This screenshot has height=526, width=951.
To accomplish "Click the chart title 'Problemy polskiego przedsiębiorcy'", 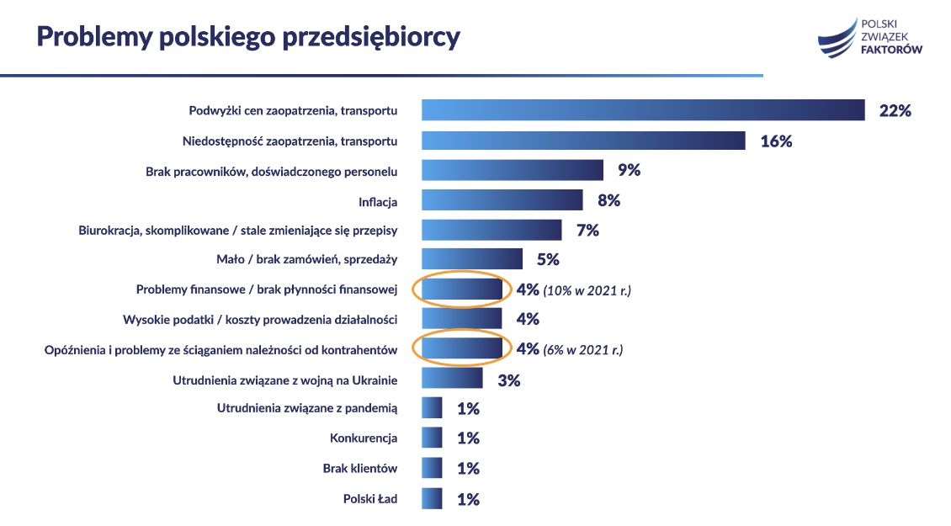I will pyautogui.click(x=247, y=37).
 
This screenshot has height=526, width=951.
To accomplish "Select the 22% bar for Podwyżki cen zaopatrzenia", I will pyautogui.click(x=643, y=110).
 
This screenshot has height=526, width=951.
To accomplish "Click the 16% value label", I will pyautogui.click(x=776, y=141).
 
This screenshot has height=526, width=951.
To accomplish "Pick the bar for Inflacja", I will pyautogui.click(x=502, y=200).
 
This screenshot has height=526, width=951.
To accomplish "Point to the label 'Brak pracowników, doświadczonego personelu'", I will pyautogui.click(x=272, y=171).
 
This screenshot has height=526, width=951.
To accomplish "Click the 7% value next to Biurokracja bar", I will pyautogui.click(x=587, y=230).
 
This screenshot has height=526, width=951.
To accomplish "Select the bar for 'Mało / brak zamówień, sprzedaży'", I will pyautogui.click(x=471, y=259).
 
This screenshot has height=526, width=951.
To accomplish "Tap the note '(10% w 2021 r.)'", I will pyautogui.click(x=587, y=290).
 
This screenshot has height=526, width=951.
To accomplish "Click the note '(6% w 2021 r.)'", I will pyautogui.click(x=583, y=349).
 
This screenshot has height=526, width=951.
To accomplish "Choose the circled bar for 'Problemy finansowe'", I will pyautogui.click(x=461, y=290).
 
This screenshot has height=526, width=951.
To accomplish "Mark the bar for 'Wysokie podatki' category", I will pyautogui.click(x=461, y=319).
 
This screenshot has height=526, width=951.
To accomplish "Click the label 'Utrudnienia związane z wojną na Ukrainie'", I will pyautogui.click(x=284, y=380).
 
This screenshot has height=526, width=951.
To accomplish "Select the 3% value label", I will pyautogui.click(x=508, y=380).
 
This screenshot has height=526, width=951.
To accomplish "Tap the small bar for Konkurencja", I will pyautogui.click(x=432, y=438).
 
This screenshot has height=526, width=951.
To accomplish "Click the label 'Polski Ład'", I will pyautogui.click(x=369, y=498).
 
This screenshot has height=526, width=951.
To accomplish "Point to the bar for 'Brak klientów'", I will pyautogui.click(x=432, y=468).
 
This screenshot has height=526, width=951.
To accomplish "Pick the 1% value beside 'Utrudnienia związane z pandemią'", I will pyautogui.click(x=468, y=409).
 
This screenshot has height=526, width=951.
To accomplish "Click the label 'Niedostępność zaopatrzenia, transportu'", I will pyautogui.click(x=290, y=141).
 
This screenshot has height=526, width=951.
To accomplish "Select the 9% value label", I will pyautogui.click(x=629, y=171).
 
